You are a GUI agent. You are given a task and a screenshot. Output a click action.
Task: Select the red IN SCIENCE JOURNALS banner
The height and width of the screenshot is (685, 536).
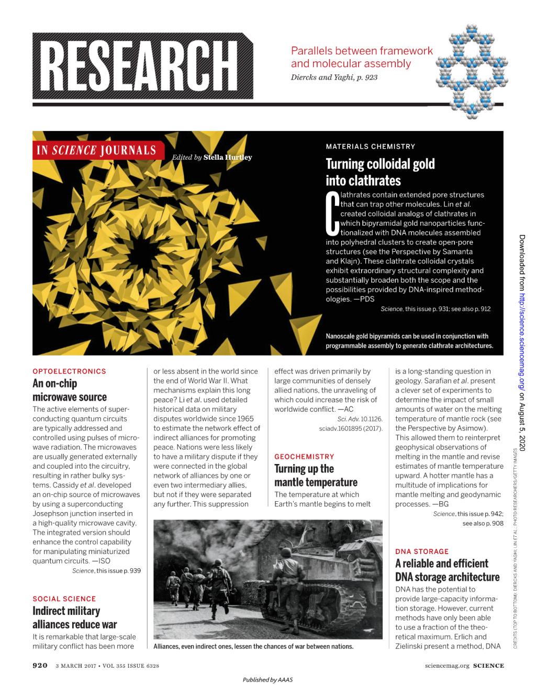[96, 150]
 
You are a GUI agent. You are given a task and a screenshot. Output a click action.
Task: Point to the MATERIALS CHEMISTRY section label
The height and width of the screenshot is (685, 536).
[370, 147]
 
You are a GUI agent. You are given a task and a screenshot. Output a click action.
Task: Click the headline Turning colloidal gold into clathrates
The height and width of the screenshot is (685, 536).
[380, 172]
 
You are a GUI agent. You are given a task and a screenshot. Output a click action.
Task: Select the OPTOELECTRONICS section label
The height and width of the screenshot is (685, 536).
[69, 371]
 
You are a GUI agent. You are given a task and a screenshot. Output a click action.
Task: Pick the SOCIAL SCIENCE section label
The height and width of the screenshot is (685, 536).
[64, 599]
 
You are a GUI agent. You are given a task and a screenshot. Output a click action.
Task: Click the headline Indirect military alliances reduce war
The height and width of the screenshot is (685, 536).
[75, 617]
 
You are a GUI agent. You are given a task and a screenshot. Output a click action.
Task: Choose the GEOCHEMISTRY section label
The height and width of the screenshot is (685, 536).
[304, 457]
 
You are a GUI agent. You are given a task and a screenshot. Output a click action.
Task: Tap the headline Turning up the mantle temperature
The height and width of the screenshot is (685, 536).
[316, 476]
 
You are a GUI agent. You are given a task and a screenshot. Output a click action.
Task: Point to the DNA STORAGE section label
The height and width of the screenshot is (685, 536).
[422, 551]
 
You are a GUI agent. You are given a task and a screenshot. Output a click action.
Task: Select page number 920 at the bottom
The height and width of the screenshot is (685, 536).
[40, 666]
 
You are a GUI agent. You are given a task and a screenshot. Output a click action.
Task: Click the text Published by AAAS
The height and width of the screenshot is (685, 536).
[267, 680]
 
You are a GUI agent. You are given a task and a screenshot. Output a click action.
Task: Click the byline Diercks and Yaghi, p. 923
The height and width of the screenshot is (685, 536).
[333, 77]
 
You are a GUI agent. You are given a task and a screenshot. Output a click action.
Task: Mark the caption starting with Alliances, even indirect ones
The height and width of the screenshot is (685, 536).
[253, 646]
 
